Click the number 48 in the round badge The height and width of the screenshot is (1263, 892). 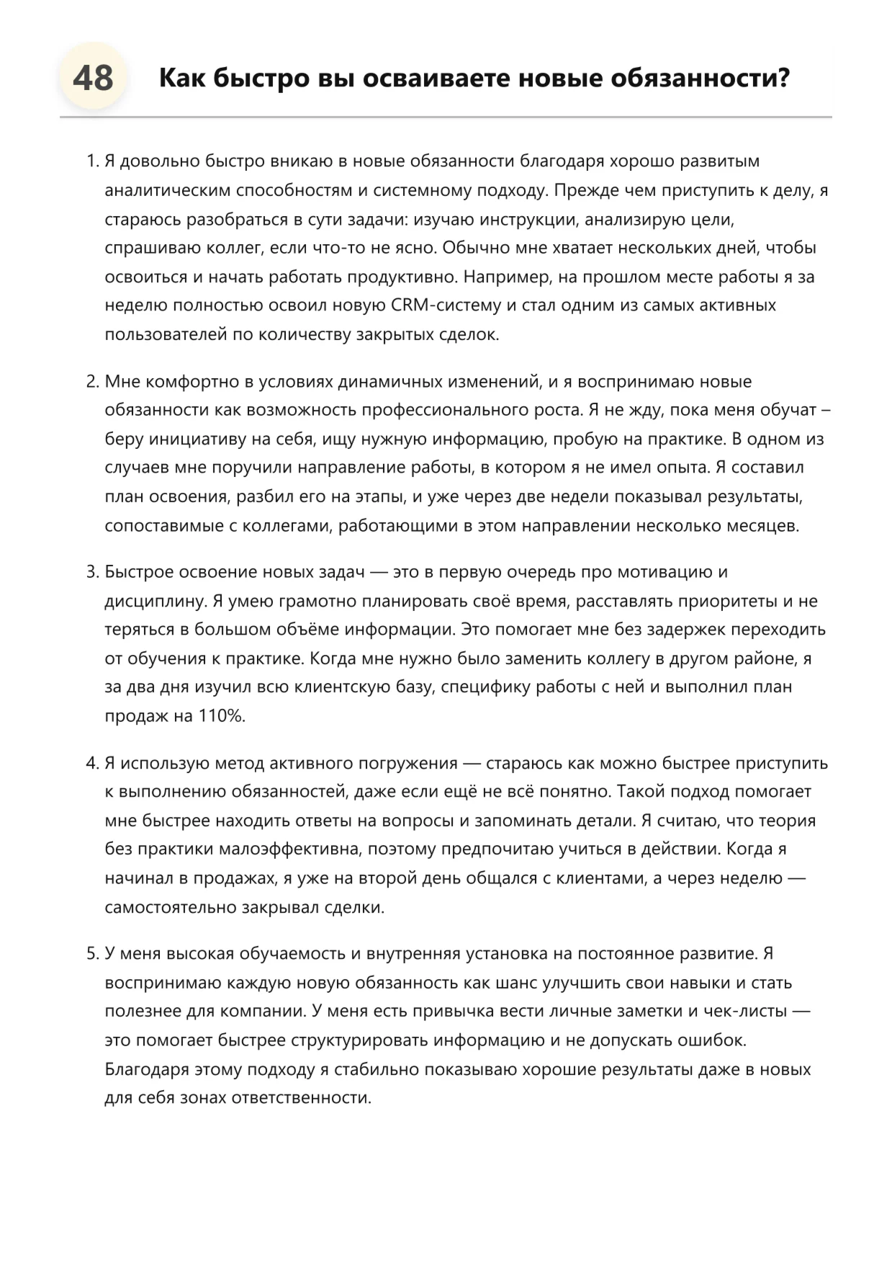[93, 78]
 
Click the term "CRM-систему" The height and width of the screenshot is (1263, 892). [446, 305]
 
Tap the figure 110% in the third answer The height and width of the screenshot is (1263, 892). [222, 716]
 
